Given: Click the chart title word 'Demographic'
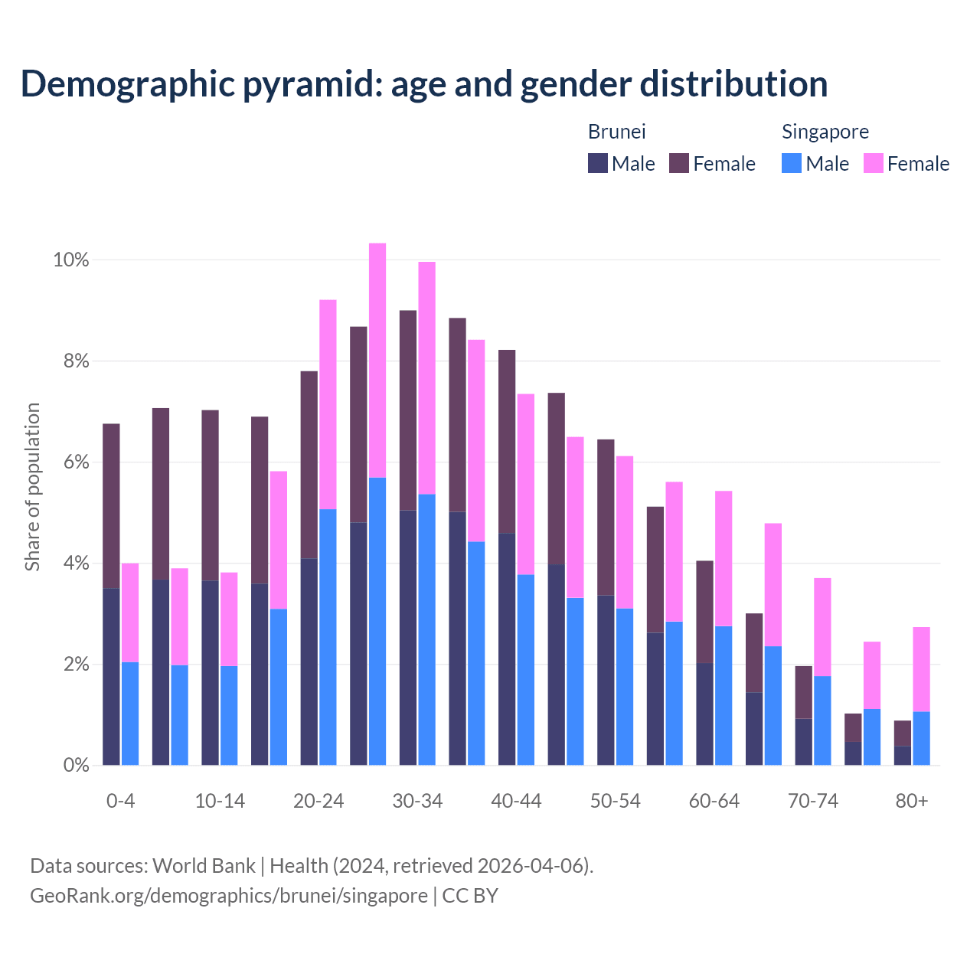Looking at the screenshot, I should click(x=125, y=84).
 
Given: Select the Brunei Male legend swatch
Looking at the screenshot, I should click(x=598, y=163).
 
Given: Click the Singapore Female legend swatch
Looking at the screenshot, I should click(x=874, y=163).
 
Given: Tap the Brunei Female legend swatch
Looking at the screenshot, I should click(x=679, y=163).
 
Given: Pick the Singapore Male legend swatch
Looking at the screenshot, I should click(x=792, y=163).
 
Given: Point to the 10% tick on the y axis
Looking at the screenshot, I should click(x=71, y=260).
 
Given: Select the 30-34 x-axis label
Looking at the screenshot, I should click(x=417, y=802).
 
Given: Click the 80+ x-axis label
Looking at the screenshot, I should click(x=912, y=802).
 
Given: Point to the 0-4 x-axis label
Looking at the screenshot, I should click(x=120, y=802).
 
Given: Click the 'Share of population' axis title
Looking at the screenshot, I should click(x=33, y=487).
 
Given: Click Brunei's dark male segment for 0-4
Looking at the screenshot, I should click(x=111, y=676).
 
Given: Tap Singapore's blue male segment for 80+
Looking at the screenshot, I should click(x=921, y=738).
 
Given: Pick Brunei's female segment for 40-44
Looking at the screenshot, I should click(x=507, y=441).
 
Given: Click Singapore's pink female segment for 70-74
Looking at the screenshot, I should click(x=822, y=626).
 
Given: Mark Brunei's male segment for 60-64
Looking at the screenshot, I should click(x=704, y=714).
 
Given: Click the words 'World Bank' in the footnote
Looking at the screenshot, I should click(x=204, y=866).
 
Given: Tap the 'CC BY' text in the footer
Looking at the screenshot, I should click(x=470, y=896).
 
